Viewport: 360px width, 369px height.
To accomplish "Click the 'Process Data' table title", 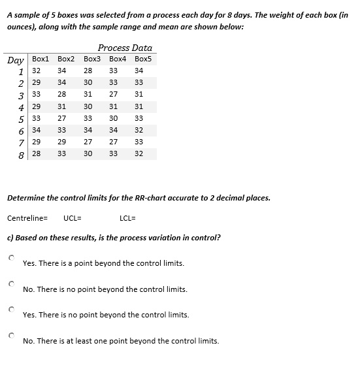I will pyautogui.click(x=125, y=48).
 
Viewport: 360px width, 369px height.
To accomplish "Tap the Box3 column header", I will pyautogui.click(x=92, y=59).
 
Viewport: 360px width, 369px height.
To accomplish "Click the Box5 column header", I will pyautogui.click(x=142, y=59).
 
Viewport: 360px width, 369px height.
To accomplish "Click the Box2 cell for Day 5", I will pyautogui.click(x=61, y=118).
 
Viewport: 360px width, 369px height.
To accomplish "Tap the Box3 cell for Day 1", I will pyautogui.click(x=88, y=71).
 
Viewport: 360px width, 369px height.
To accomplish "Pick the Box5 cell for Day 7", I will pyautogui.click(x=139, y=142).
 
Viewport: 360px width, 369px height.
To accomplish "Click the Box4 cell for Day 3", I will pyautogui.click(x=113, y=95).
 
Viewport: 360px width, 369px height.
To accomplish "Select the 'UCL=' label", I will pyautogui.click(x=72, y=217).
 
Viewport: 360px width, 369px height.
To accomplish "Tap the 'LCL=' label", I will pyautogui.click(x=128, y=217).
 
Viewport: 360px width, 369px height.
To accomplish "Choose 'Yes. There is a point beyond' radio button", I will pyautogui.click(x=11, y=259).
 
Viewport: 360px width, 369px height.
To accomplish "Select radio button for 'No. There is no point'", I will pyautogui.click(x=11, y=284).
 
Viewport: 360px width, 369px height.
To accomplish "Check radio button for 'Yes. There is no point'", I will pyautogui.click(x=11, y=310).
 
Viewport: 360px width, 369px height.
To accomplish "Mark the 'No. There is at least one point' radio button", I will pyautogui.click(x=11, y=336).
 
